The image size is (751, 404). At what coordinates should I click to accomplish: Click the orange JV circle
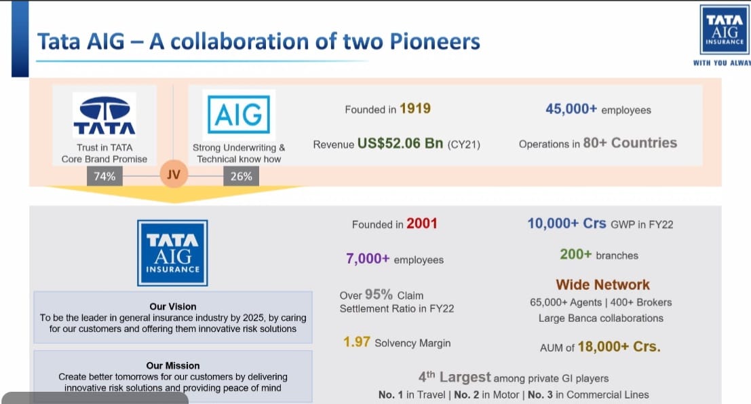coord(174,174)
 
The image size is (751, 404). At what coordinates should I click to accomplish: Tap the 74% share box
coord(104,177)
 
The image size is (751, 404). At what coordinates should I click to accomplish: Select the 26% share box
coord(241,177)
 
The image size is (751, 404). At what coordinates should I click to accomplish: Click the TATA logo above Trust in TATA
coord(104,115)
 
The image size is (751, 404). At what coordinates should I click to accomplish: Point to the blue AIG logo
coord(239,115)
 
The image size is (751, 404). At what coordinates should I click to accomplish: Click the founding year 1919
coord(415,109)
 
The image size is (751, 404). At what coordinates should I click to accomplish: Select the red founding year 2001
coord(421,223)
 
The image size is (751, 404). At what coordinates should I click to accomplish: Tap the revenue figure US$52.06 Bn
coord(400,143)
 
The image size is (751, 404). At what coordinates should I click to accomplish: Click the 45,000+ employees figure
coord(571,109)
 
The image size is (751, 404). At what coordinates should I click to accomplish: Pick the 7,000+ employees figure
coord(368,259)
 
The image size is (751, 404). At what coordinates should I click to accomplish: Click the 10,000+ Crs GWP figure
coord(566,223)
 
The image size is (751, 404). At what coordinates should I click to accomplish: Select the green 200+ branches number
coord(576,254)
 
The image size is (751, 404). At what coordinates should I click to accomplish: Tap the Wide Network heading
coord(602,284)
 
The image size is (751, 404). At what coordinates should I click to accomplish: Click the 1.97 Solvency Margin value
coord(356,342)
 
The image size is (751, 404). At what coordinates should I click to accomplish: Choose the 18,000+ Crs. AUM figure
coord(619,346)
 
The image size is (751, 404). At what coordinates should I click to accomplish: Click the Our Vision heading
coord(173,306)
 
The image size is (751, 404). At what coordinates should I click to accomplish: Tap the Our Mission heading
coord(173,365)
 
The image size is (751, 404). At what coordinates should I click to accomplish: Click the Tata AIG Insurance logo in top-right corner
coord(725,30)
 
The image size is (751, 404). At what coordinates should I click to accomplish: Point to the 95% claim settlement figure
coord(379,294)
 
